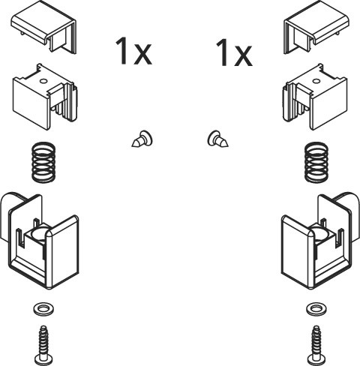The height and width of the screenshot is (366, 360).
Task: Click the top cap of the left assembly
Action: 37,24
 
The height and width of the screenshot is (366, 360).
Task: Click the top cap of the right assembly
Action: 322,24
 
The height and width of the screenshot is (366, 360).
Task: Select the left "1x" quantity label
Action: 133,51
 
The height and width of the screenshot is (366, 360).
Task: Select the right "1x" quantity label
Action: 234,53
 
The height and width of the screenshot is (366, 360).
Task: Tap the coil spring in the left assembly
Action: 43,162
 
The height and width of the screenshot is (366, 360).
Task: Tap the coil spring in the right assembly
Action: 316,162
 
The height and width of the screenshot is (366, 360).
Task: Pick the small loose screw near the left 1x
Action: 142,139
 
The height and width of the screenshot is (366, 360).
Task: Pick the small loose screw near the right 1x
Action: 217,139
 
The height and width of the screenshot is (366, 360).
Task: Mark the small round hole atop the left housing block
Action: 43,81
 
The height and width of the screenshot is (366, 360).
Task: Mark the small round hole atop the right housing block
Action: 316,81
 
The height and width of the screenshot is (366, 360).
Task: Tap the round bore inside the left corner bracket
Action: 40,235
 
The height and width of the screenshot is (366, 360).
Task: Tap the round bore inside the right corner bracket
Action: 320,235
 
